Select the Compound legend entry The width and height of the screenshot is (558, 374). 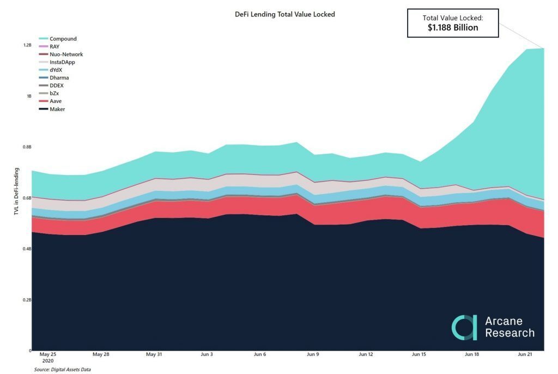(x=63, y=39)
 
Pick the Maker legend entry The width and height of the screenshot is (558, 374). (x=57, y=110)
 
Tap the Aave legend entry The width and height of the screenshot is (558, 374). (x=56, y=101)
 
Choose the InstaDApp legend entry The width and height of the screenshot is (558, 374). (x=62, y=62)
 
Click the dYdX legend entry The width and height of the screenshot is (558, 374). (x=56, y=70)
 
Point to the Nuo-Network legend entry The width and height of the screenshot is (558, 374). (x=65, y=55)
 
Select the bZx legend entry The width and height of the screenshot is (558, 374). (x=54, y=94)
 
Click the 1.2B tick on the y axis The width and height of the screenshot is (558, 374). (x=27, y=45)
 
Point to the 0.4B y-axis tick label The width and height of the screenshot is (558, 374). (x=27, y=249)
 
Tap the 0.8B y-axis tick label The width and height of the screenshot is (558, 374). (x=27, y=147)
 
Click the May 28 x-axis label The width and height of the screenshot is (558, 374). (x=101, y=354)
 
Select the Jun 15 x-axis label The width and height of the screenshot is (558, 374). (x=419, y=354)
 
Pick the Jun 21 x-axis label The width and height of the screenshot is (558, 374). (x=524, y=354)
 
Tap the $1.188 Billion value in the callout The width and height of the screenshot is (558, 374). (x=453, y=28)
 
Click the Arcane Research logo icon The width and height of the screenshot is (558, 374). (x=464, y=327)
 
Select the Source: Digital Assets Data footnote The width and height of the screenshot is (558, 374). (x=63, y=370)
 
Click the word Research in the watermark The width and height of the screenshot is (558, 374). (x=510, y=333)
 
